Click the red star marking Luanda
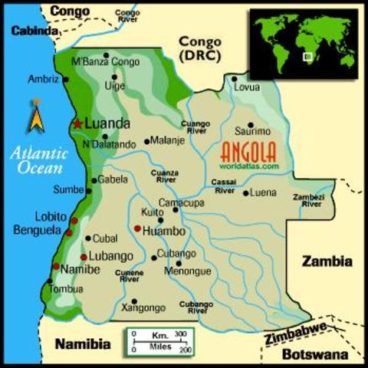click(x=77, y=123)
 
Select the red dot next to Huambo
click(x=137, y=228)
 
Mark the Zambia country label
click(x=327, y=261)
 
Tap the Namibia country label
click(x=83, y=343)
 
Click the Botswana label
click(x=315, y=354)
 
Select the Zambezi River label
click(x=311, y=201)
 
